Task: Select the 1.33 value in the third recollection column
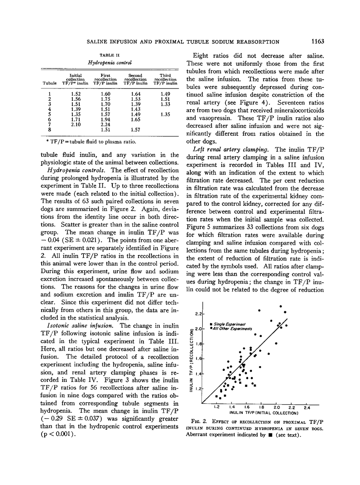click(x=165, y=104)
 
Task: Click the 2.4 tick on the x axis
click(x=307, y=407)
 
